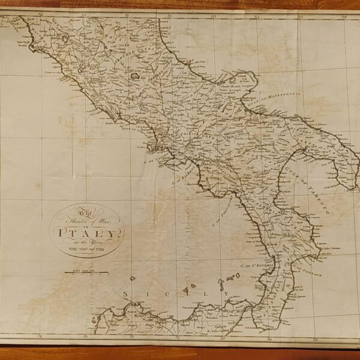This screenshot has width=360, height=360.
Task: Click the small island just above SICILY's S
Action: coord(133,278)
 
